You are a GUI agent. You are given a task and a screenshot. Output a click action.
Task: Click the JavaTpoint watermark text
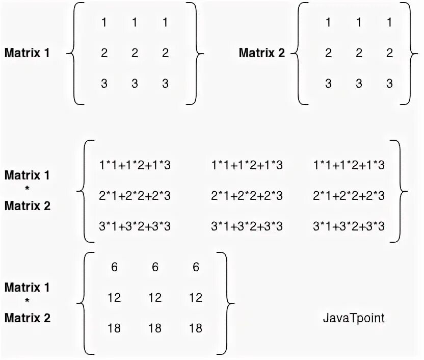point(353,318)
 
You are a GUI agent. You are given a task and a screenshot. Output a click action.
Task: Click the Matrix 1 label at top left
point(27,53)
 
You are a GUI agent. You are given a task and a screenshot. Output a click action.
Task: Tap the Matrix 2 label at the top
point(261,53)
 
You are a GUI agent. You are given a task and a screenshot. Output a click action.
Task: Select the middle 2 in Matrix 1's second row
point(135,54)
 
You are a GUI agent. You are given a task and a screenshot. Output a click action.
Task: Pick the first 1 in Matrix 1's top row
point(104,23)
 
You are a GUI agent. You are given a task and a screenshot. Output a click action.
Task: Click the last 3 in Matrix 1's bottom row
point(165,84)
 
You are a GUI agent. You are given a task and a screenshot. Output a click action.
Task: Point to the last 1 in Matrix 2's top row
point(390,23)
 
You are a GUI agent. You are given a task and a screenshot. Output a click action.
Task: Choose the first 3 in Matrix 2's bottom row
point(329,84)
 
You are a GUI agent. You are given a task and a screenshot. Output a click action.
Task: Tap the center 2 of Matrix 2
point(359,54)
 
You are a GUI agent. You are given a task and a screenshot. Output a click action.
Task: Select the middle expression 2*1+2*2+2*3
point(247,196)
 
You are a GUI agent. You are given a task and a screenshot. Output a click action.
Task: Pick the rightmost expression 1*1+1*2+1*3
point(349,165)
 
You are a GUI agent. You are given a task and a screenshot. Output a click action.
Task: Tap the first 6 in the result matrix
point(114,267)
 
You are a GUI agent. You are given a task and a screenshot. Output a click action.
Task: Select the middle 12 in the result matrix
point(155,298)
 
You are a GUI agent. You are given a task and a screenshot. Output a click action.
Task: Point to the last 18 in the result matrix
point(196,328)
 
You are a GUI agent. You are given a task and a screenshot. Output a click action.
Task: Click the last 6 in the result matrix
point(196,267)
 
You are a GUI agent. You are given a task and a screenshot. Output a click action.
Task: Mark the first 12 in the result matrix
point(114,298)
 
